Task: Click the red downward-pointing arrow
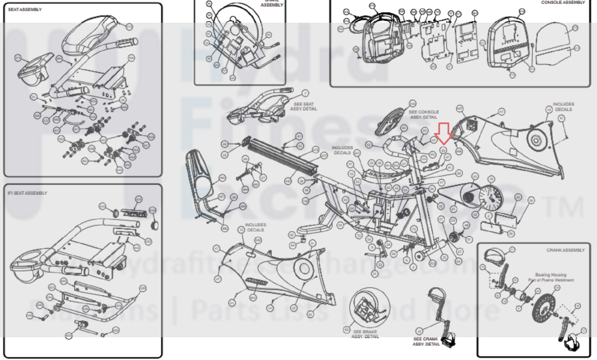[x=444, y=134]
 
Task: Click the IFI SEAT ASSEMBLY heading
[x=27, y=193]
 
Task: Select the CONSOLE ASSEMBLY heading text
[x=563, y=3]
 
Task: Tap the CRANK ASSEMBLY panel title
[x=565, y=250]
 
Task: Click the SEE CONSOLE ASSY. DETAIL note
[x=423, y=114]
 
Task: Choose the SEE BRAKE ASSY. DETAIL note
[x=365, y=334]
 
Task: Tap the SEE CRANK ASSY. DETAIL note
[x=425, y=341]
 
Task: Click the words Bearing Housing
[x=550, y=275]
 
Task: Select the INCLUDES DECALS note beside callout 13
[x=255, y=227]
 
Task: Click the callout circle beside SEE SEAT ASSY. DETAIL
[x=305, y=93]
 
